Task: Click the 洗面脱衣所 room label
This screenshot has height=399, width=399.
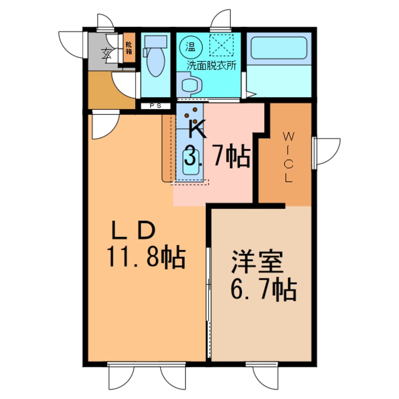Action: click(211, 66)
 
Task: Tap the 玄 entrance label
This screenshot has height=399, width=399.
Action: click(107, 52)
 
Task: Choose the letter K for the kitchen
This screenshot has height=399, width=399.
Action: click(197, 129)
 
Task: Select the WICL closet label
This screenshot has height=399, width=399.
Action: click(288, 158)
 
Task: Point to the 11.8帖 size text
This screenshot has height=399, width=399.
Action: click(144, 257)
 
